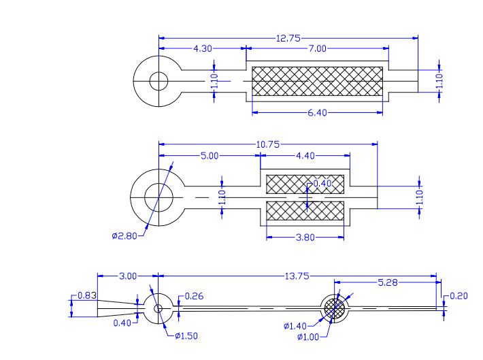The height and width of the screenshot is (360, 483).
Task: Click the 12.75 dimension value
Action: [x=288, y=38]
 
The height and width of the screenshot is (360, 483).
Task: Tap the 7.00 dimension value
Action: [x=317, y=49]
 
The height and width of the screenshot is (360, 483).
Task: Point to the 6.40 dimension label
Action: [x=317, y=113]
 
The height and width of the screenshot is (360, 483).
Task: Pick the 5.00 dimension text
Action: [x=210, y=156]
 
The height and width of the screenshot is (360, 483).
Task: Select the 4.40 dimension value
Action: [x=305, y=156]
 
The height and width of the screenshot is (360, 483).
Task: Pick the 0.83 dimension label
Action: [x=86, y=296]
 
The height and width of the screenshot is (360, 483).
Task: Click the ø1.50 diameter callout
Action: [x=186, y=336]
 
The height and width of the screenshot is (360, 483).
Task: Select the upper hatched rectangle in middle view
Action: [x=305, y=184]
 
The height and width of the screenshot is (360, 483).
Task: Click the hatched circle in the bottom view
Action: [x=335, y=308]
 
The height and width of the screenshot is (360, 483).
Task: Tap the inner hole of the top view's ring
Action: [x=159, y=81]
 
